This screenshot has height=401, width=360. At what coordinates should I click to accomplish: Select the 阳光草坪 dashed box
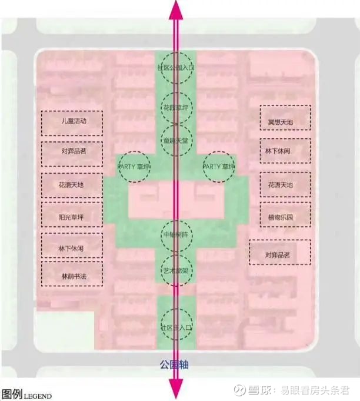72,217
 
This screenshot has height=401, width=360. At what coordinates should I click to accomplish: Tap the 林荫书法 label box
72,276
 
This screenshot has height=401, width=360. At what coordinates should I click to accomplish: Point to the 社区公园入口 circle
175,68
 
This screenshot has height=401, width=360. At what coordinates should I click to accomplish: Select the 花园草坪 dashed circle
175,107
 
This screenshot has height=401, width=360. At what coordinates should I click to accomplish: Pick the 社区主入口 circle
175,325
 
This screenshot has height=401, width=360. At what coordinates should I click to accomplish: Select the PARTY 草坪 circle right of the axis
218,167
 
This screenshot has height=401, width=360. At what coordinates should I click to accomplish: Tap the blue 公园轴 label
175,364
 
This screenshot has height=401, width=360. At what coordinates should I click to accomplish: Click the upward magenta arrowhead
175,9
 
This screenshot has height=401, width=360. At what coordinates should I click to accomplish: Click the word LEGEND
38,396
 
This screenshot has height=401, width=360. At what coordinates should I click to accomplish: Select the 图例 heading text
12,395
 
